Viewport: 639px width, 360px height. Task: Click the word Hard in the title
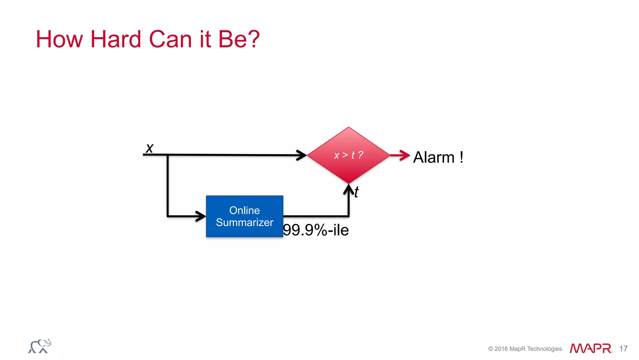point(115,39)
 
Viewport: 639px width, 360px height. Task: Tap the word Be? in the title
point(239,39)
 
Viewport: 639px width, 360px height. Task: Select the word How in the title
point(60,39)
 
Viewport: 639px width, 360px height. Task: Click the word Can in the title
point(170,39)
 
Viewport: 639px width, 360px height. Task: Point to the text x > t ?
point(349,155)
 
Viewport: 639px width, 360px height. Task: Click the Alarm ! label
point(438,157)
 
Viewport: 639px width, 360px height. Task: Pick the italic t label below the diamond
point(357,192)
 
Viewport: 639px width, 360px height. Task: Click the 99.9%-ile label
point(316,230)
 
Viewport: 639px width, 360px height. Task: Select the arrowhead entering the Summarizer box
point(200,216)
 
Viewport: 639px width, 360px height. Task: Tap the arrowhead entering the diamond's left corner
point(301,155)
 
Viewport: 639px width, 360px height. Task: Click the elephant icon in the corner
point(40,346)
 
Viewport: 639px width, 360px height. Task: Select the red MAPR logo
point(591,348)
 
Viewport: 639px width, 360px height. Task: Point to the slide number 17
point(623,348)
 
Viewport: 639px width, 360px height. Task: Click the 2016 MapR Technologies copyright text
point(525,349)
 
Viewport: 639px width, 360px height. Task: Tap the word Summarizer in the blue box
point(244,222)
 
